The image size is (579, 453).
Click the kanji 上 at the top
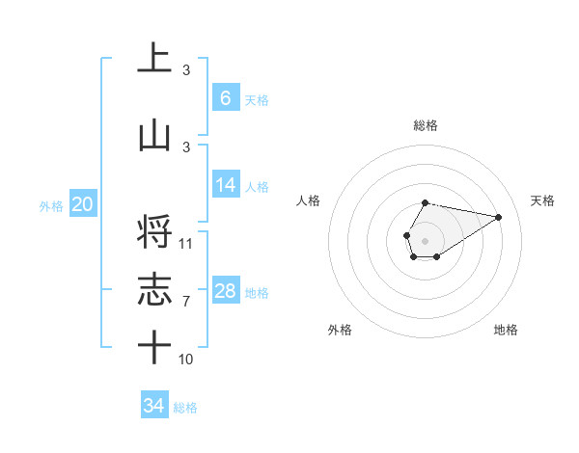point(154,58)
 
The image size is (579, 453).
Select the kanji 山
point(154,135)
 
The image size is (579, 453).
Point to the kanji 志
point(154,290)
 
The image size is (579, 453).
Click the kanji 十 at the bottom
point(154,347)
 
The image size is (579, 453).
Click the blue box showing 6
point(225,98)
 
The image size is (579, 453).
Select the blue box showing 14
point(225,185)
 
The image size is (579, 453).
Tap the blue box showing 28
point(225,291)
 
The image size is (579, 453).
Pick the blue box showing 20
point(83,204)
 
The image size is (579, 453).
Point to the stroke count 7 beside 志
point(186,302)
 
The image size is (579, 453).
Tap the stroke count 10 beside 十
point(186,360)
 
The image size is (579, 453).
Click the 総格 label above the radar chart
point(425,125)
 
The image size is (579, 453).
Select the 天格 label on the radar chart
point(542,200)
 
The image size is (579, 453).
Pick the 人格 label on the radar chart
point(309,200)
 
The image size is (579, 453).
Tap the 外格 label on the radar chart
point(340,330)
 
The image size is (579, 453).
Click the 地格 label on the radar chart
point(506,330)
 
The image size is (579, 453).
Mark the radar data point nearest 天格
point(499,216)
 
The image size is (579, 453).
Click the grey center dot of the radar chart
point(425,239)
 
